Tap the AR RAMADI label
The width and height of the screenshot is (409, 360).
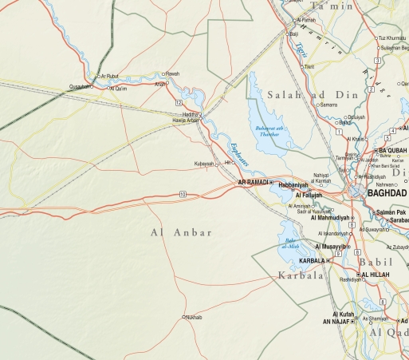coord(253,183)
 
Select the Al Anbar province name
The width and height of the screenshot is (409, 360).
coord(181,232)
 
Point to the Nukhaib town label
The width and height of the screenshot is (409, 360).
coord(193,318)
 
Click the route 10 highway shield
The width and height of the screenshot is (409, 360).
coord(183,194)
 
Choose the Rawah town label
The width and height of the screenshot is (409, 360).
coord(172,73)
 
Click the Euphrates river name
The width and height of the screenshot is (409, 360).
coord(238,152)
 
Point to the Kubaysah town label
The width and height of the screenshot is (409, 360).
coord(205,163)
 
